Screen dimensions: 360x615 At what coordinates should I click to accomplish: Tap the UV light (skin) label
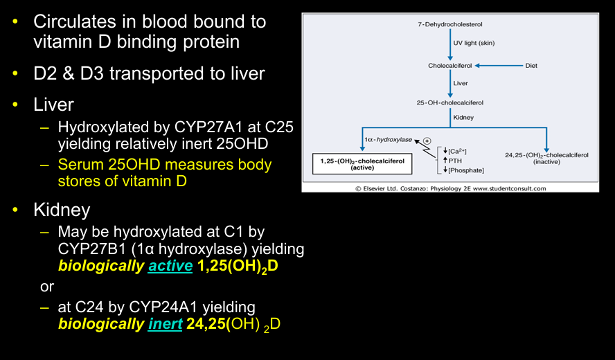point(474,44)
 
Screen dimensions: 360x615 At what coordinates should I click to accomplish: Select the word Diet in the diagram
point(531,66)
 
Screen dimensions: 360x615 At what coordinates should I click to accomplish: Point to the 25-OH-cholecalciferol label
point(450,102)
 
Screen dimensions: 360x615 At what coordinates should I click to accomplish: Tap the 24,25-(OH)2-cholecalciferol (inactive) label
point(546,158)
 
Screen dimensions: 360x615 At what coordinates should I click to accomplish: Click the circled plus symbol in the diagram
point(427,142)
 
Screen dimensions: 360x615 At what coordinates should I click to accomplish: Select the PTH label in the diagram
point(456,161)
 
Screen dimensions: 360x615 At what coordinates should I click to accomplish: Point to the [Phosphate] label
point(465,170)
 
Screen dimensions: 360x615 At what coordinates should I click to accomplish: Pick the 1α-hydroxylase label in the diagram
point(387,140)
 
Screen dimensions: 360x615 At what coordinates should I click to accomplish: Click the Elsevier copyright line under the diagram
point(451,188)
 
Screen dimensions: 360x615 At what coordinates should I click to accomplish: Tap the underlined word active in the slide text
point(170,265)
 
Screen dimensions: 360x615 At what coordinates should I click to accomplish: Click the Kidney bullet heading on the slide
point(62,209)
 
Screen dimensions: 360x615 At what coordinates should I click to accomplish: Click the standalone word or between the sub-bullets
point(47,285)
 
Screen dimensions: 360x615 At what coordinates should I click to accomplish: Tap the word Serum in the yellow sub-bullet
point(81,165)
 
